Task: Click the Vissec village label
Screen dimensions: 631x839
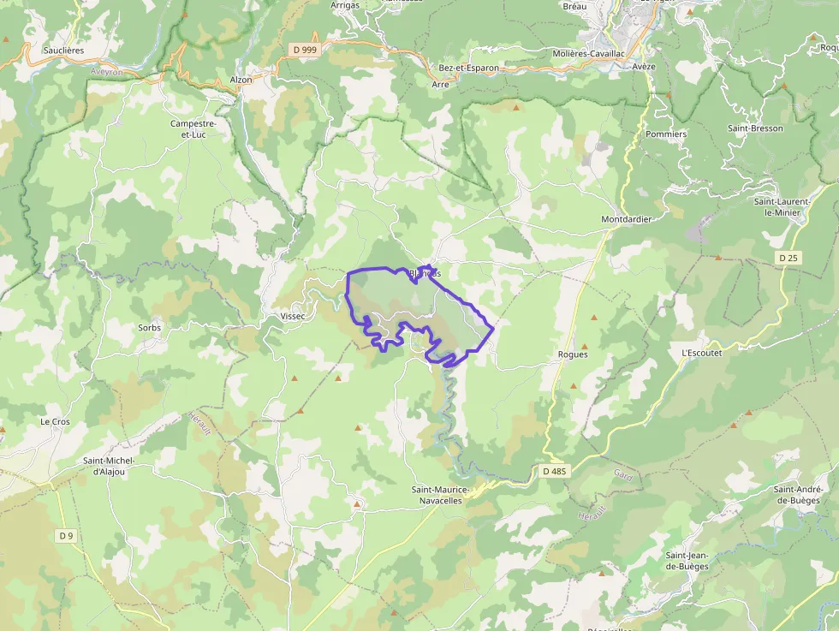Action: pyautogui.click(x=293, y=316)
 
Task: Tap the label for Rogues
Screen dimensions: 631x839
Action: pyautogui.click(x=572, y=354)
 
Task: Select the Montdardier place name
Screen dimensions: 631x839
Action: pyautogui.click(x=626, y=219)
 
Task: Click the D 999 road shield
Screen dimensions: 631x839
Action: pyautogui.click(x=305, y=50)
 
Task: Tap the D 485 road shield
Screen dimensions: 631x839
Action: pyautogui.click(x=556, y=471)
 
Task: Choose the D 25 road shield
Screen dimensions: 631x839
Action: pyautogui.click(x=788, y=257)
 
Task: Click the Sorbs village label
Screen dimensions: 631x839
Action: pyautogui.click(x=149, y=328)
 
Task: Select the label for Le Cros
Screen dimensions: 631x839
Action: pyautogui.click(x=55, y=422)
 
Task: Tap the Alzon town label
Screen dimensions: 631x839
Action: pyautogui.click(x=241, y=80)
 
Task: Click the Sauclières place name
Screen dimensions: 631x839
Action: pyautogui.click(x=64, y=51)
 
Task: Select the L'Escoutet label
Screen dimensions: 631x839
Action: pyautogui.click(x=701, y=353)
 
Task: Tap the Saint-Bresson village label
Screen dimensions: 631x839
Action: pyautogui.click(x=755, y=128)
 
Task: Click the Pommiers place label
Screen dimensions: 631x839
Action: pyautogui.click(x=666, y=134)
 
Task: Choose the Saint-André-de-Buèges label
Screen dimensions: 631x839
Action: pyautogui.click(x=797, y=495)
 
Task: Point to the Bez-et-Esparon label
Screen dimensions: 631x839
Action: pyautogui.click(x=468, y=68)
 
